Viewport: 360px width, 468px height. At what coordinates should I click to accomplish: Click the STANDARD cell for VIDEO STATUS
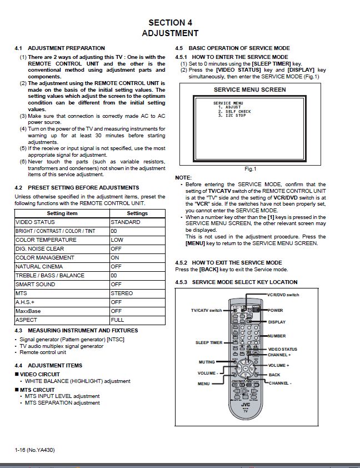126,222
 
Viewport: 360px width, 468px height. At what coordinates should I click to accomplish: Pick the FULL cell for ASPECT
117,320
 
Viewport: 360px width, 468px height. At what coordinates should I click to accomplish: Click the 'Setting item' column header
62,213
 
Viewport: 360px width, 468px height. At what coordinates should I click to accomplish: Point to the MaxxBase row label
28,311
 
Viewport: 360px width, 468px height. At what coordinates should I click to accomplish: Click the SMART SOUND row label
35,284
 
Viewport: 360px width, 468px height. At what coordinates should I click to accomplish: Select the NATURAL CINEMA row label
38,266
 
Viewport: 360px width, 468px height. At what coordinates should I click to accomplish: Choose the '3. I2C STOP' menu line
232,116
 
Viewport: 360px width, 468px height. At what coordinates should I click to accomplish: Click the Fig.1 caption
250,169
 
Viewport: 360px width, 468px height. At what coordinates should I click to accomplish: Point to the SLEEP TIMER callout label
208,342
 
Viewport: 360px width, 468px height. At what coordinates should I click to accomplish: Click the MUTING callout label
206,362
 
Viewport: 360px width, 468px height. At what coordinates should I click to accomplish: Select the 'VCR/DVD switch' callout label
283,295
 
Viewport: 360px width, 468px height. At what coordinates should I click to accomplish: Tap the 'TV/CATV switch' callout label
206,310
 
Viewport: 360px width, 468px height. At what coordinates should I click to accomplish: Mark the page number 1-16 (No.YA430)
34,450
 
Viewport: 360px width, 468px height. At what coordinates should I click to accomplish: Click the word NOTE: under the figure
183,177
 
